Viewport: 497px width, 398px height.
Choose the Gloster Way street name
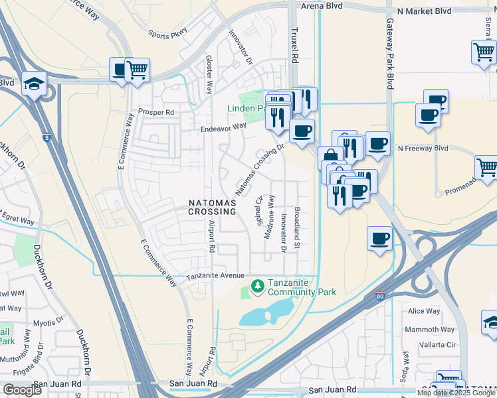[209, 74]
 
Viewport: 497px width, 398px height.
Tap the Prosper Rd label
[155, 113]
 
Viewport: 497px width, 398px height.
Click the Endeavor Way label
[223, 127]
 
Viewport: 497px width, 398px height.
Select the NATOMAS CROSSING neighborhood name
[212, 206]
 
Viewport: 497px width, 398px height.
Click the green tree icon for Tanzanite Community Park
[256, 286]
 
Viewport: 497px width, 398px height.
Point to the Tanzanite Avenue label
[215, 276]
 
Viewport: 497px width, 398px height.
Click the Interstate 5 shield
[47, 137]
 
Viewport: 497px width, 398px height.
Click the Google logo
[22, 390]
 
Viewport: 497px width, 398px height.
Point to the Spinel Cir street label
[260, 210]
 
